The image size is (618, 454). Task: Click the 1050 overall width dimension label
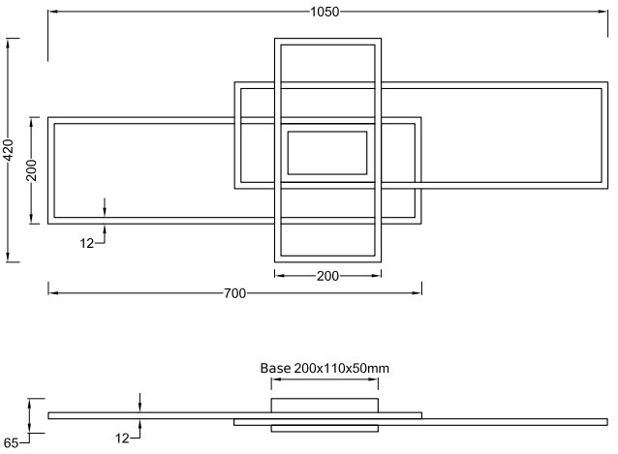point(324,12)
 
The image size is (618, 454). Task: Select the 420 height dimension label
point(9,150)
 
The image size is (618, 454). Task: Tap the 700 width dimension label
point(235,293)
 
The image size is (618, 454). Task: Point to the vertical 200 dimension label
point(32,170)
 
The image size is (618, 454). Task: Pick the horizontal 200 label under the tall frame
point(327,276)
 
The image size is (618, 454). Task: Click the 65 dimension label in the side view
point(11,443)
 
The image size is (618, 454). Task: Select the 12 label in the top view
point(87,243)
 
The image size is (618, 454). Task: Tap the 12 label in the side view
point(122,439)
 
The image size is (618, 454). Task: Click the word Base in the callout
point(275,368)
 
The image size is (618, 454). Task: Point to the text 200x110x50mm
point(342,368)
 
